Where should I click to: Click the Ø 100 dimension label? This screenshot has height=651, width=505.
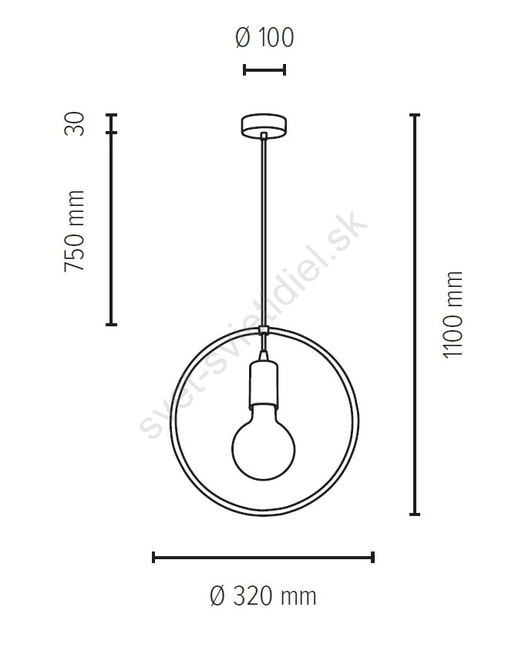pos(264,37)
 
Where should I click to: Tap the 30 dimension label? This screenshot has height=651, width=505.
pos(75,123)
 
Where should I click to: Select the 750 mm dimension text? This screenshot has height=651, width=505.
pos(75,231)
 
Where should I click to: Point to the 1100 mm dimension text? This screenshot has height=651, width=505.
pos(453,314)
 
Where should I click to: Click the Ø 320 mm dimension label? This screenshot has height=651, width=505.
pos(263,595)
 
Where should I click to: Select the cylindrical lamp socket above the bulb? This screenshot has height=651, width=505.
pos(264,383)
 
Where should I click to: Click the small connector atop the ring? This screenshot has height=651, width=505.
pos(264,330)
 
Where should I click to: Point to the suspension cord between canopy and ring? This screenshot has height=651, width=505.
pos(264,231)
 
